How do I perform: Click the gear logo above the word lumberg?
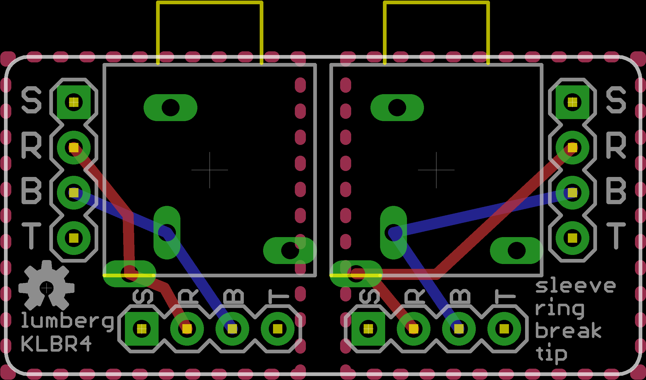click(46, 286)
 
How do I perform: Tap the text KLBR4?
click(56, 344)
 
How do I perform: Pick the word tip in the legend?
click(551, 353)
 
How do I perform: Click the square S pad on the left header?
click(74, 102)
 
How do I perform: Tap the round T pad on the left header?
click(74, 238)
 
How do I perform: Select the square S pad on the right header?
click(572, 102)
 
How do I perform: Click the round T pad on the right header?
click(572, 238)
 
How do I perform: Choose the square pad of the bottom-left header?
click(142, 329)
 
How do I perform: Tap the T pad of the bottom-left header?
click(278, 329)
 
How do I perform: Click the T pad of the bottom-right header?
click(504, 329)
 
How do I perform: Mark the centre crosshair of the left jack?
click(210, 170)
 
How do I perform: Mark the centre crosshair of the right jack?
click(436, 170)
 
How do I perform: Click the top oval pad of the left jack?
click(170, 107)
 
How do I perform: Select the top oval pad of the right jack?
click(397, 107)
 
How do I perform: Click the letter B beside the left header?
click(31, 190)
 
